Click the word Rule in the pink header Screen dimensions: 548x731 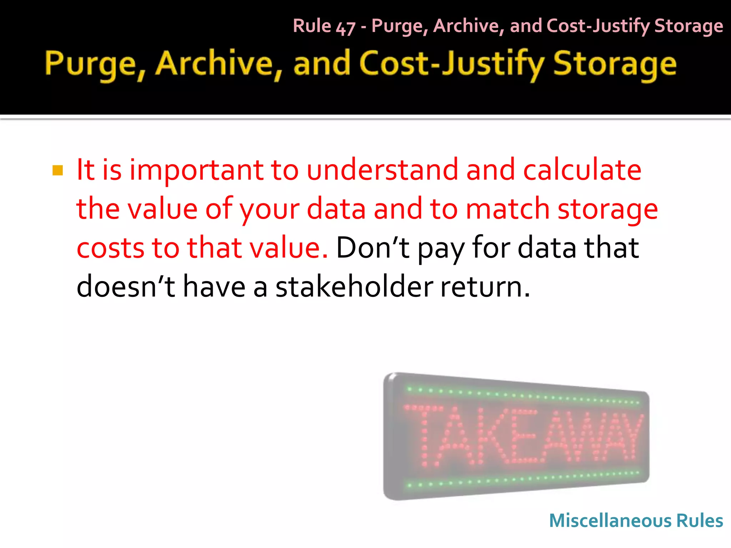(312, 26)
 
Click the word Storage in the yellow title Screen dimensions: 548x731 (615, 64)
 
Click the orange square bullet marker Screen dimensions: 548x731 (57, 171)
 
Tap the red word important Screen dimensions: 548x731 (196, 170)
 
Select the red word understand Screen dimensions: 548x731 (382, 169)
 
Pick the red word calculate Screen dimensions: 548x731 (582, 169)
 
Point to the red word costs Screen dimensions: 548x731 (111, 248)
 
